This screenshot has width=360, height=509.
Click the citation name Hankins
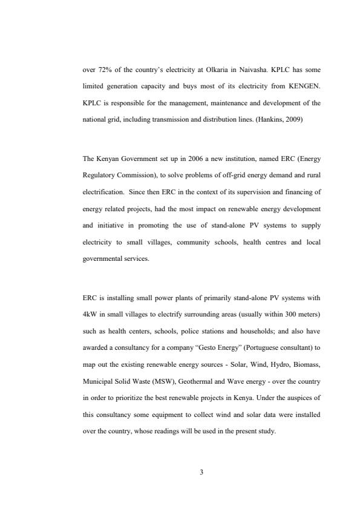(257, 120)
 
